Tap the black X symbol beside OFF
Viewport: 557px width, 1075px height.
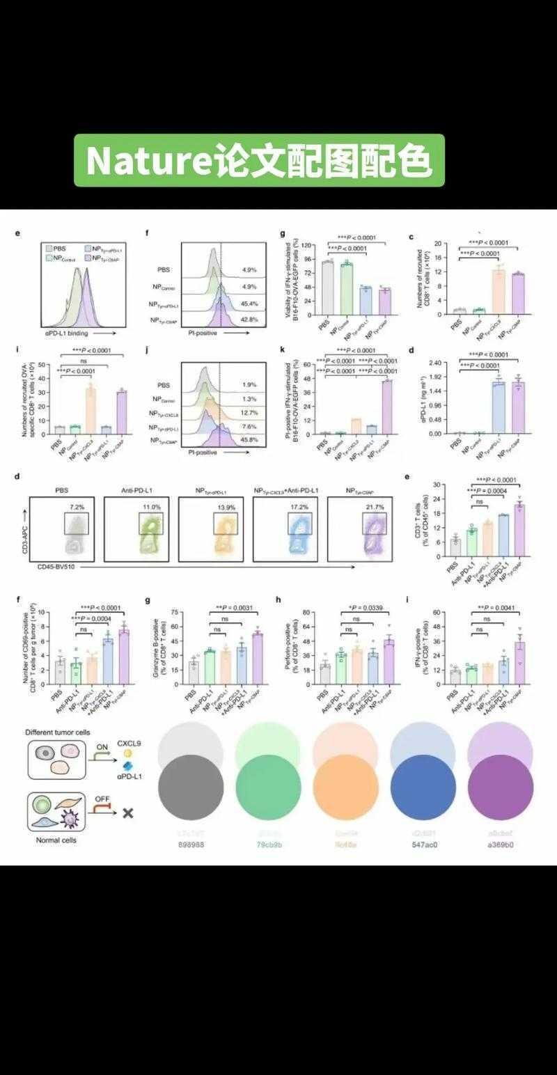(x=127, y=813)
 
